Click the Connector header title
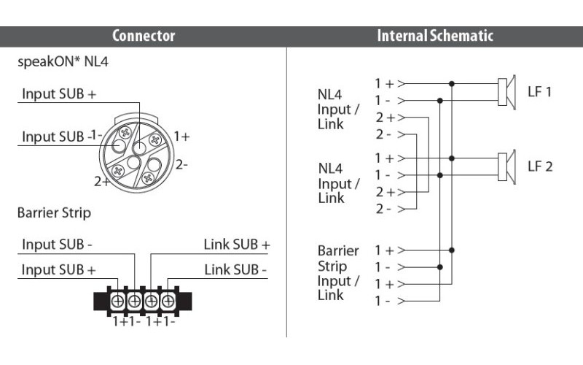144,36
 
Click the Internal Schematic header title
434,36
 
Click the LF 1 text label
540,91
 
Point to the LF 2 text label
540,166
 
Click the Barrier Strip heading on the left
54,214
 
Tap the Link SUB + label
236,245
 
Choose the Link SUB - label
235,270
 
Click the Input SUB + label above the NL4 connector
59,93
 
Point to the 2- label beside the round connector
181,165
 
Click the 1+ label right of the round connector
181,137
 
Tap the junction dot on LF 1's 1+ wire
452,83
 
